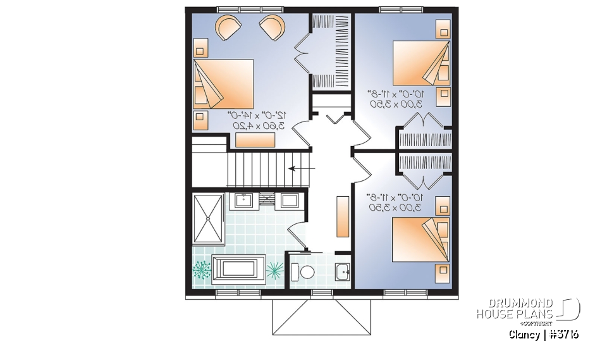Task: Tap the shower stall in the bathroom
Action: pyautogui.click(x=208, y=218)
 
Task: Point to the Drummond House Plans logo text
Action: pyautogui.click(x=515, y=308)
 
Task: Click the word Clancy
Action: pyautogui.click(x=524, y=334)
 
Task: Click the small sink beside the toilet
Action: pyautogui.click(x=342, y=273)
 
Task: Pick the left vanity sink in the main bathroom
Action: pyautogui.click(x=243, y=201)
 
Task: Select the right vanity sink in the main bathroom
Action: pyautogui.click(x=290, y=201)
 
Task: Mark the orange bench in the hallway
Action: pyautogui.click(x=343, y=216)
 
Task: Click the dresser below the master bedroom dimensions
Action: pyautogui.click(x=255, y=140)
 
